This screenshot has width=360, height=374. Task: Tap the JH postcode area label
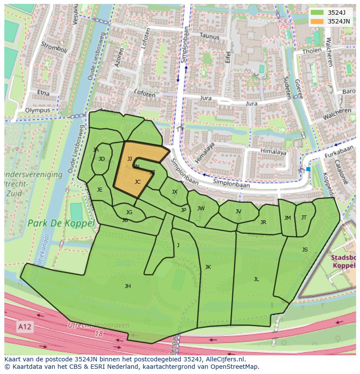[x=127, y=286]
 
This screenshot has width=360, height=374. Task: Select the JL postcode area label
[x=256, y=279]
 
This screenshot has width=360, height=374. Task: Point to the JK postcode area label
[x=208, y=267]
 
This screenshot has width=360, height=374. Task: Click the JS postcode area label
[x=305, y=250]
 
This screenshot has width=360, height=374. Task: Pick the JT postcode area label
[x=304, y=218]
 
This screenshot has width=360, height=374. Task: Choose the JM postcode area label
[x=287, y=218]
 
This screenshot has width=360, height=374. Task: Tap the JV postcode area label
[x=238, y=212]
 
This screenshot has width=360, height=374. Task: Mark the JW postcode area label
[x=201, y=209]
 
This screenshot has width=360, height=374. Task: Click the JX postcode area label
[x=174, y=192]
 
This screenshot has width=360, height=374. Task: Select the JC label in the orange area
[x=137, y=182]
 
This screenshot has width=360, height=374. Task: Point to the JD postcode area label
[x=102, y=159]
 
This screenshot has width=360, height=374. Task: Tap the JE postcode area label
[x=100, y=190]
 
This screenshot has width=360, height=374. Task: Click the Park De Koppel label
[x=61, y=224]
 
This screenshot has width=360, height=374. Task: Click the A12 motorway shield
[x=25, y=326]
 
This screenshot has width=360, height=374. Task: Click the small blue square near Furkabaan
[x=308, y=169]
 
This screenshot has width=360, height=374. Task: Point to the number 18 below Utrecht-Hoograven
[x=99, y=334]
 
